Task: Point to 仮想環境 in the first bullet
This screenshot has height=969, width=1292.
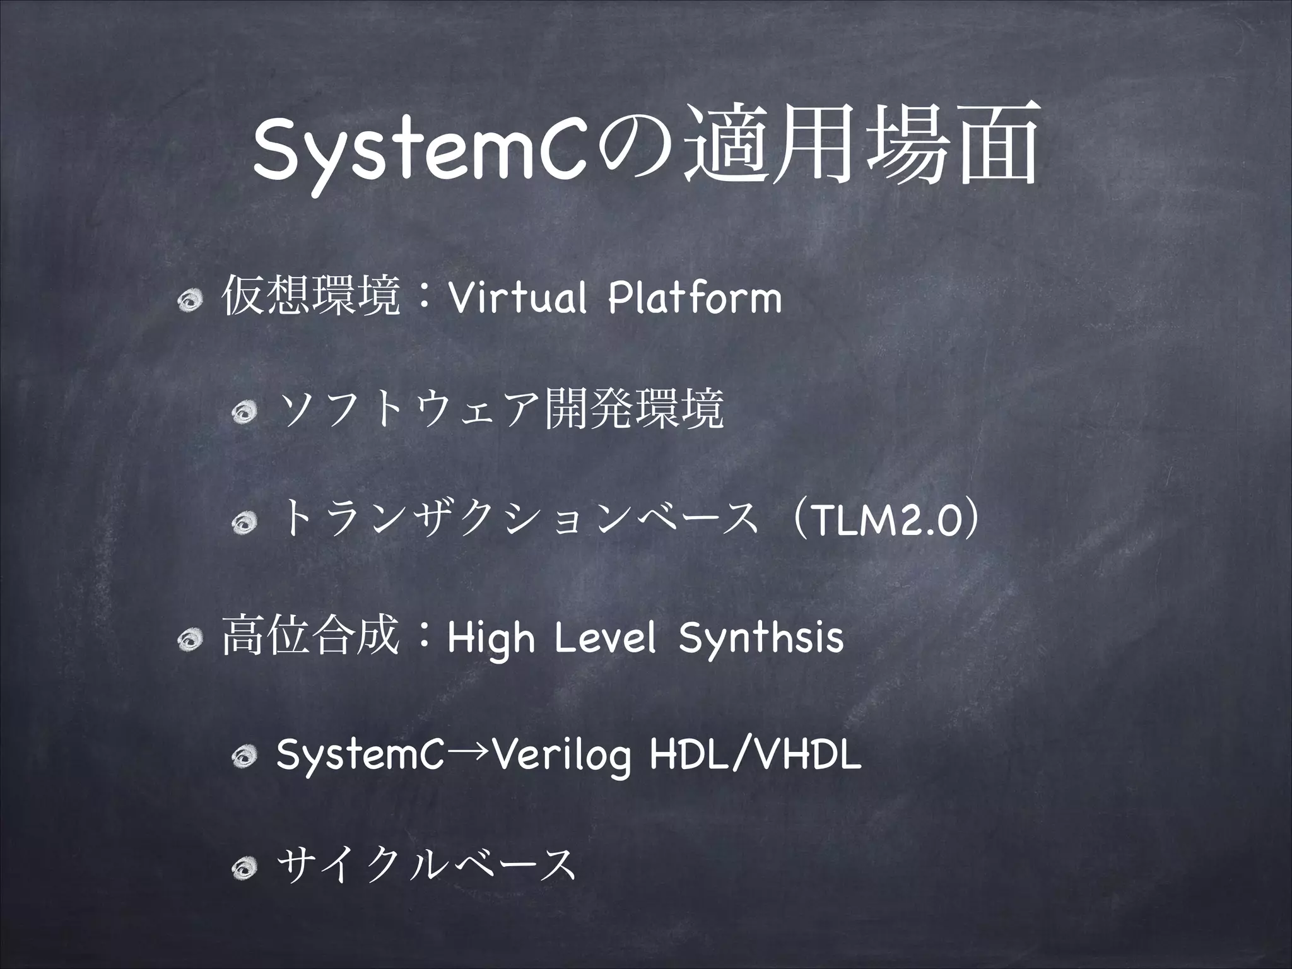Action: coord(311,298)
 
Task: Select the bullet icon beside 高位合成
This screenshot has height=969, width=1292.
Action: coord(191,642)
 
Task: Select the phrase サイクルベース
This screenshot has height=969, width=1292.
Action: coord(426,864)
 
